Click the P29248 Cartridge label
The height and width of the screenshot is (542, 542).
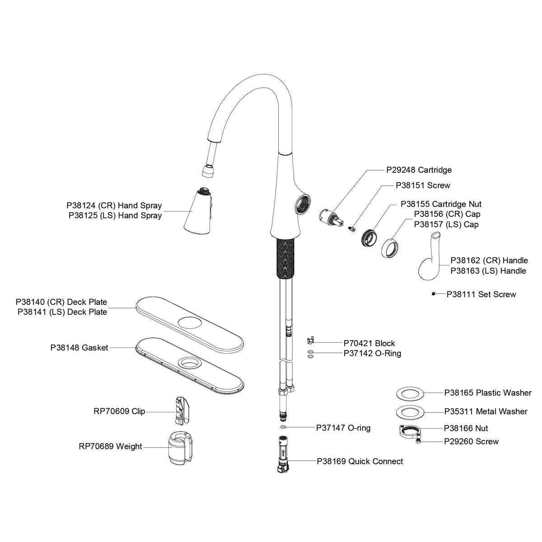point(419,170)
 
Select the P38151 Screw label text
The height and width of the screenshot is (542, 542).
point(423,185)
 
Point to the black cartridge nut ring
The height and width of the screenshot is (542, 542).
point(369,238)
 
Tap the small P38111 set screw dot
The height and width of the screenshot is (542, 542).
point(434,294)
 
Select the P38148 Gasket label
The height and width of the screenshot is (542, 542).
point(79,348)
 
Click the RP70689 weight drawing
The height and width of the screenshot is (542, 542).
point(181,448)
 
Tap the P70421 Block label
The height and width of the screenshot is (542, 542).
point(369,343)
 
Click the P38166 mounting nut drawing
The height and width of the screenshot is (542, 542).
point(410,432)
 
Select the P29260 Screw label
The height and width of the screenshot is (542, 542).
point(471,441)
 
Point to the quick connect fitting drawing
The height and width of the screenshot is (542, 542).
point(284,453)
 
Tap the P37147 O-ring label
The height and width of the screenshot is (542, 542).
point(343,428)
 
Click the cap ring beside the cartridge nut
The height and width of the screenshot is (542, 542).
point(390,248)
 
